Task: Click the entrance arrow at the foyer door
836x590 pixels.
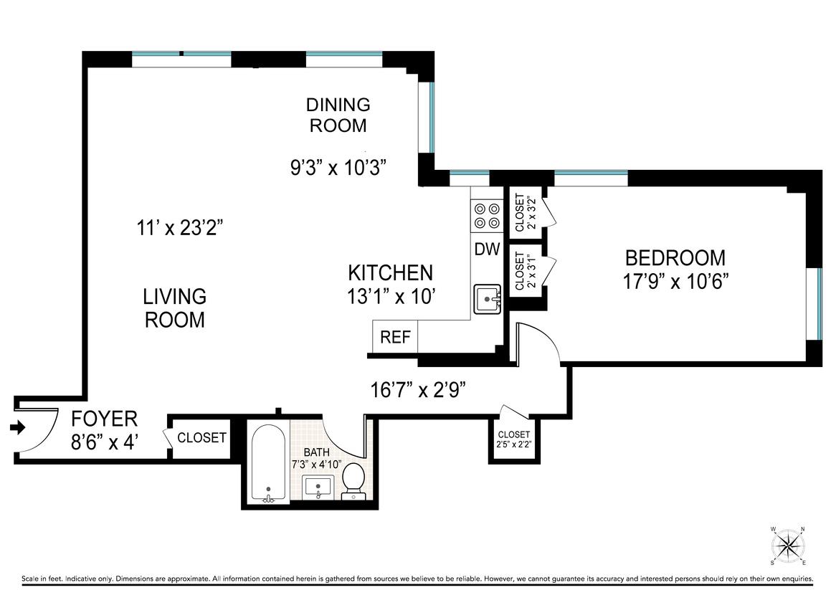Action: (18, 427)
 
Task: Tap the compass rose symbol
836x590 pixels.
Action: (788, 546)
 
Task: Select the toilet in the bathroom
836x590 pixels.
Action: (353, 481)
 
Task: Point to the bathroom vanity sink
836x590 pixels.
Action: (318, 487)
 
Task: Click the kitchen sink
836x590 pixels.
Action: (488, 299)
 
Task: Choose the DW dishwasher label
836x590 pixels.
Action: (487, 249)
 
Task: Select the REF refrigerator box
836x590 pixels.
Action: (395, 336)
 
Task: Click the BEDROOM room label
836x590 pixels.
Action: (675, 258)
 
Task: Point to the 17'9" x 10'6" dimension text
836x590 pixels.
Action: (675, 281)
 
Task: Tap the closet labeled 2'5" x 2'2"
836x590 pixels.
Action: (515, 439)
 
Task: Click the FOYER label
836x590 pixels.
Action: (105, 419)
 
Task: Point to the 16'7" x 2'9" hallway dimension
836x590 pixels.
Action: (419, 390)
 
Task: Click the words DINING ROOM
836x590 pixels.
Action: (338, 115)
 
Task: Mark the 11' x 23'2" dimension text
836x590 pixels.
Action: (180, 228)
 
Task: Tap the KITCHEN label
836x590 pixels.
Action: (390, 273)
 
